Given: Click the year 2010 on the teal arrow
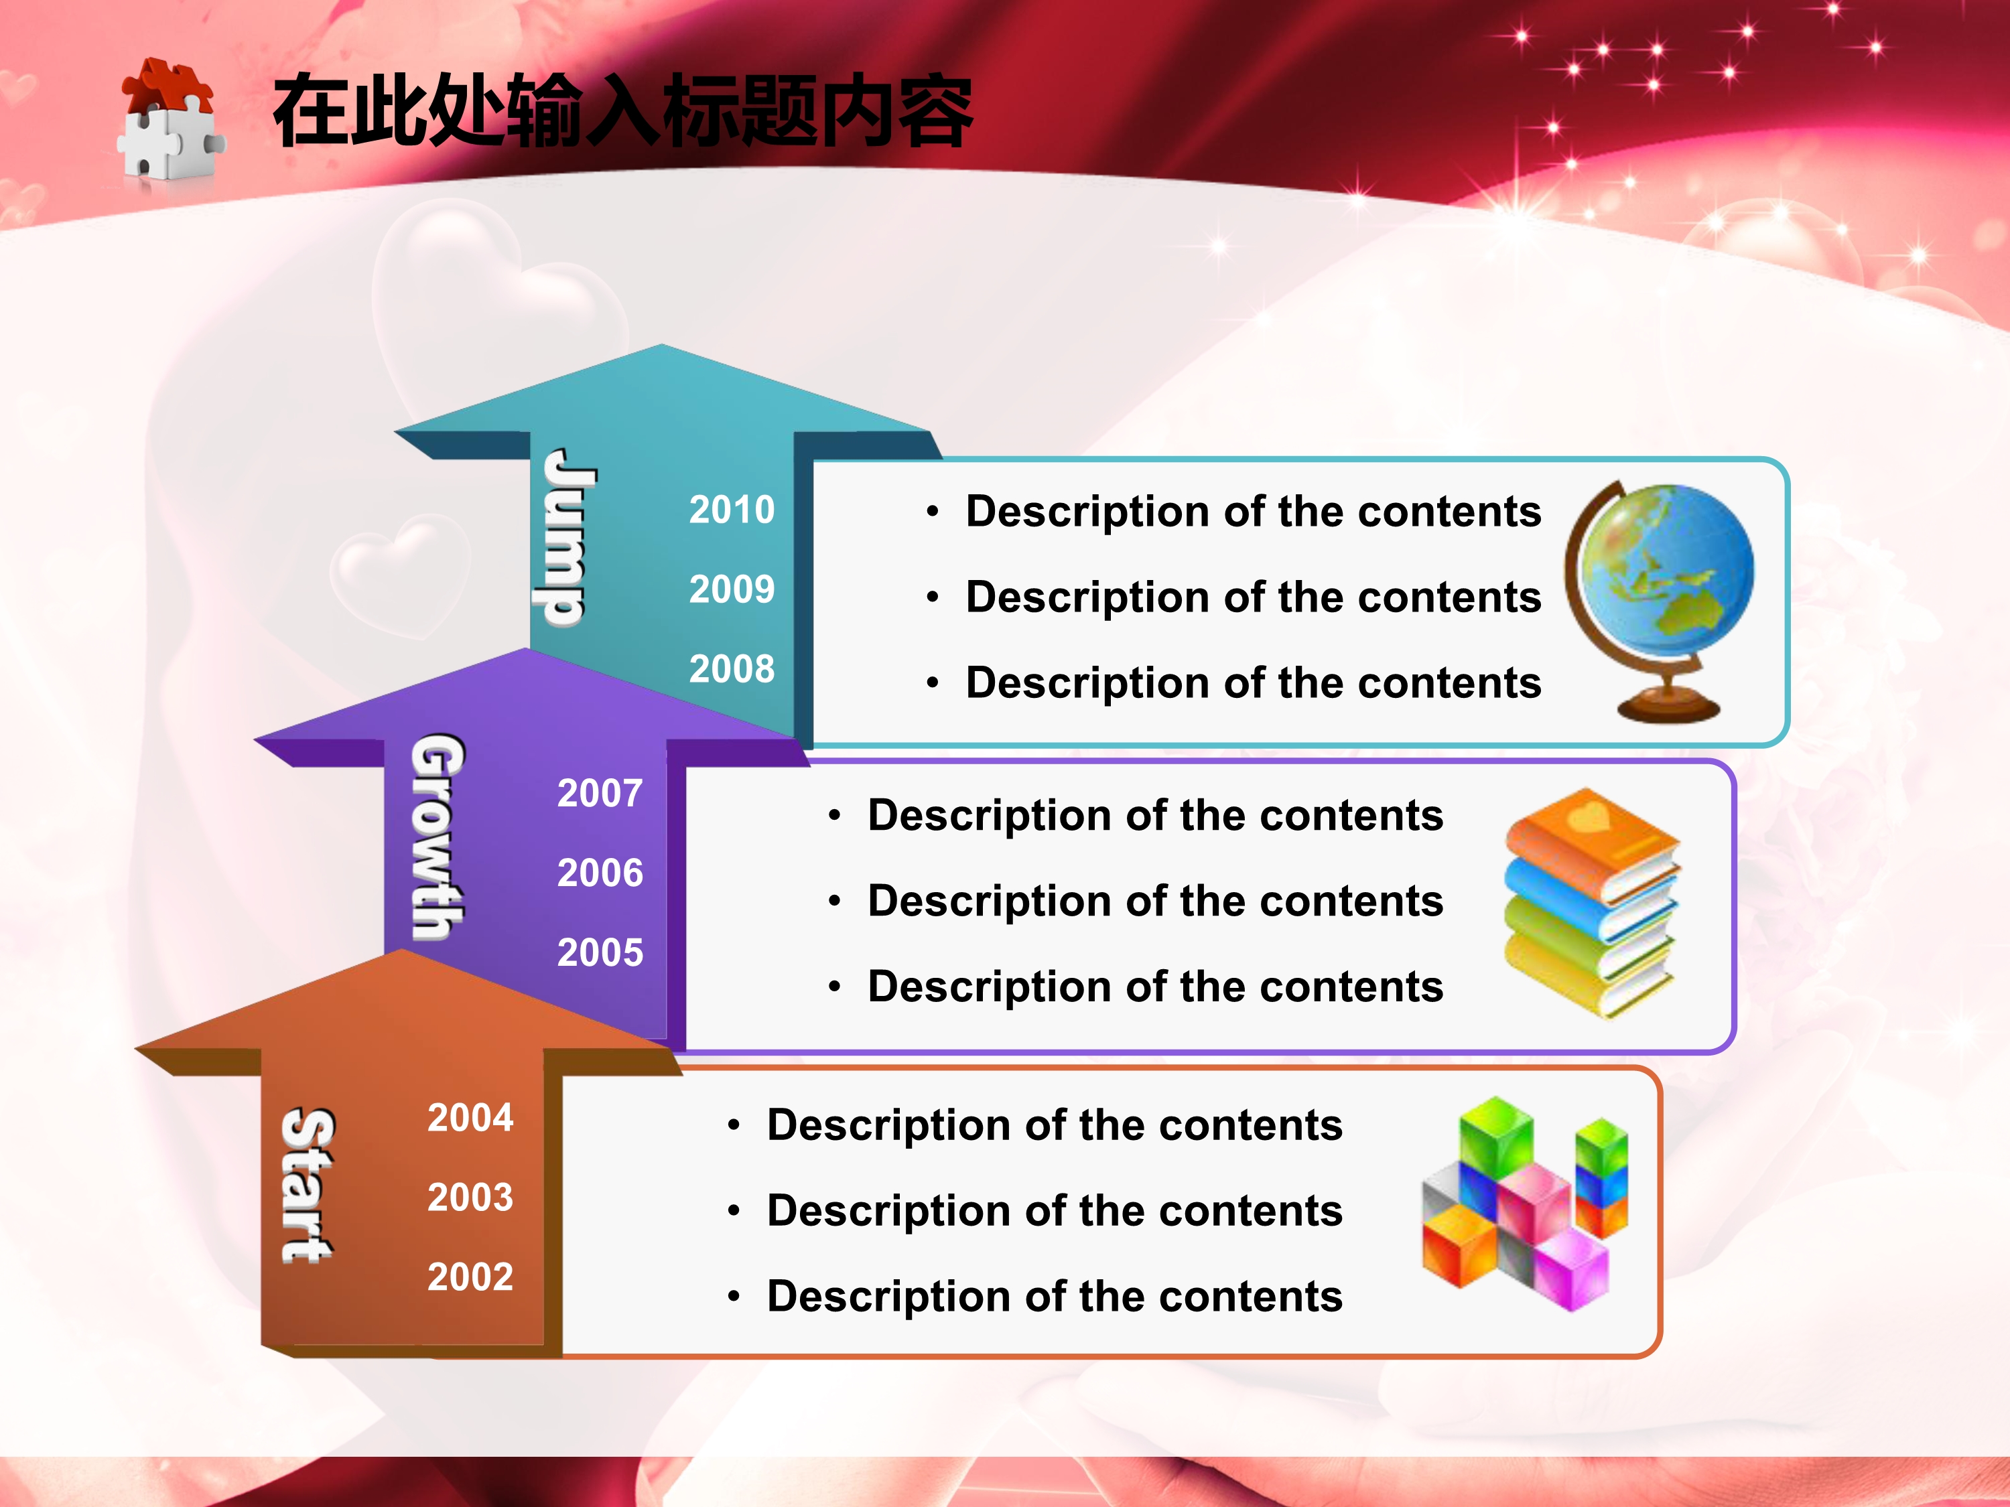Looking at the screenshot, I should coord(732,510).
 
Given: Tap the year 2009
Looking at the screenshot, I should coord(732,589).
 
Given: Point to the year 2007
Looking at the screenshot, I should coord(600,794).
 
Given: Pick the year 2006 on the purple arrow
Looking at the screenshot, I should coord(600,873).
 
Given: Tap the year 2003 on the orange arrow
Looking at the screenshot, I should coord(470,1198).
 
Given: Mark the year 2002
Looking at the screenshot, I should coord(470,1277).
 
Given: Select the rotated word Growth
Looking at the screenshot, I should coord(437,837).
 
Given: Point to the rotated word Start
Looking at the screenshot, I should coord(306,1186).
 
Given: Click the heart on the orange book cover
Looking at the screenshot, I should coord(1589,814).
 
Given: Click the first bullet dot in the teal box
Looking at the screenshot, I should coord(931,512).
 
